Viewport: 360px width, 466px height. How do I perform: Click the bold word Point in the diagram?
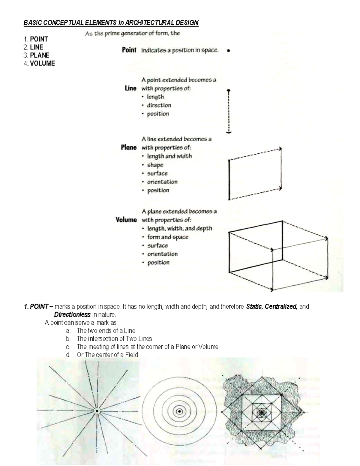pyautogui.click(x=129, y=50)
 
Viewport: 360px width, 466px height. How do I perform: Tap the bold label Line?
pyautogui.click(x=130, y=88)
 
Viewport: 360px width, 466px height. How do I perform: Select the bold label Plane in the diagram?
pyautogui.click(x=129, y=147)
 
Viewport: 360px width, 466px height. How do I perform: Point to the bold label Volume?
pyautogui.click(x=126, y=220)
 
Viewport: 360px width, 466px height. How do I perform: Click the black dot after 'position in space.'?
pyautogui.click(x=229, y=51)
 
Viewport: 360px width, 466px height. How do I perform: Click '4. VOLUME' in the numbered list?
pyautogui.click(x=39, y=63)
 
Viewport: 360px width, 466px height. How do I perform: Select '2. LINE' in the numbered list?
pyautogui.click(x=33, y=47)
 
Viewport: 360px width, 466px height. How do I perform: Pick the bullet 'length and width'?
pyautogui.click(x=169, y=156)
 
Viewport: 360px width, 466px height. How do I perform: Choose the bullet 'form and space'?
pyautogui.click(x=168, y=237)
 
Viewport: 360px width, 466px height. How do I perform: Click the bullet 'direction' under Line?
pyautogui.click(x=159, y=105)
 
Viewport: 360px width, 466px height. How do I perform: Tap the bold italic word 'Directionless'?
pyautogui.click(x=72, y=315)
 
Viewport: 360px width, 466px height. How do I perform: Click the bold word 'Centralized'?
pyautogui.click(x=281, y=307)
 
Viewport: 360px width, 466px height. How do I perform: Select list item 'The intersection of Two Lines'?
pyautogui.click(x=114, y=339)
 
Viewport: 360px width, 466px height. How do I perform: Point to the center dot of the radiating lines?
pyautogui.click(x=97, y=411)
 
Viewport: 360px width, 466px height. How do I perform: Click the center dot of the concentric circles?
pyautogui.click(x=179, y=411)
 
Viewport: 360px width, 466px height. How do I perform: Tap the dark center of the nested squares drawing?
pyautogui.click(x=262, y=413)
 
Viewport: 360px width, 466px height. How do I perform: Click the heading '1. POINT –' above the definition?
pyautogui.click(x=38, y=307)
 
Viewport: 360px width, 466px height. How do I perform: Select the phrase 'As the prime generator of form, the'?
pyautogui.click(x=132, y=34)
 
